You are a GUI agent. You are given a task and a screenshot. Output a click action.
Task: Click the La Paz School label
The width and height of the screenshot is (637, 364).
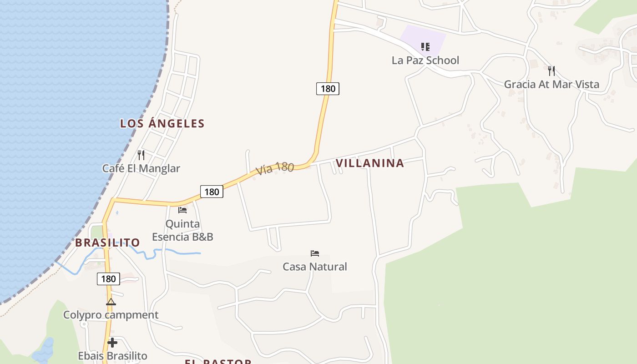[x=425, y=61]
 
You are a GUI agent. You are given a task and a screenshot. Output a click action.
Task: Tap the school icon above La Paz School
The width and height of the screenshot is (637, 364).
[x=425, y=46]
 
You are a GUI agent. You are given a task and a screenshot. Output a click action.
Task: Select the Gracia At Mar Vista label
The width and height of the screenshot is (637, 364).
[x=551, y=84]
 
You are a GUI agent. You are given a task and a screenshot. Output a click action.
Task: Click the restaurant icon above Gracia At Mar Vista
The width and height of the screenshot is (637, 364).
[x=551, y=71]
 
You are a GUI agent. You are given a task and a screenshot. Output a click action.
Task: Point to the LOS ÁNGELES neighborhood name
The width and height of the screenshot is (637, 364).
[x=162, y=123]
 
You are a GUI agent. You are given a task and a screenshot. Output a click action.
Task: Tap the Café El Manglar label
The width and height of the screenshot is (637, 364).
[x=141, y=168]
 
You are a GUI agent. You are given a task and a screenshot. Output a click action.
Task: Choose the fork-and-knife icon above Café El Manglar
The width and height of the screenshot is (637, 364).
[x=141, y=155]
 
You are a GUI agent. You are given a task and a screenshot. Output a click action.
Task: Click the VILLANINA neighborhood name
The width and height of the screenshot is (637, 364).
[x=369, y=163]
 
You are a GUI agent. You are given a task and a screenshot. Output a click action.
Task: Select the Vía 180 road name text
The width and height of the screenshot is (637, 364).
[x=275, y=168]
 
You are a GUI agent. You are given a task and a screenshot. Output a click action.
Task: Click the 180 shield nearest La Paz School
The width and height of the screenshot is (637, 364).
[x=328, y=89]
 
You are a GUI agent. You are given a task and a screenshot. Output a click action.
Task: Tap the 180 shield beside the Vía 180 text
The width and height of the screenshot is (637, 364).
[x=212, y=192]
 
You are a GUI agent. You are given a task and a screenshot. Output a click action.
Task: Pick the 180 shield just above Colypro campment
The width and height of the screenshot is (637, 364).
[x=108, y=278]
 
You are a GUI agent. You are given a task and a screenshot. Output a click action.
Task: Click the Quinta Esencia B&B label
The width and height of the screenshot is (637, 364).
[x=182, y=230]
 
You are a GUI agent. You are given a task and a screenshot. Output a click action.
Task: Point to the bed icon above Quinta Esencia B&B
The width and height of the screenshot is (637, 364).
[x=182, y=210]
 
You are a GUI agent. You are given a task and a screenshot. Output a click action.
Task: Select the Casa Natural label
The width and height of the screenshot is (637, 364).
[x=315, y=267]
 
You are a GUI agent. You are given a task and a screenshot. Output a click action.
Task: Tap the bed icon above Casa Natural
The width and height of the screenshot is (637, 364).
[x=315, y=253]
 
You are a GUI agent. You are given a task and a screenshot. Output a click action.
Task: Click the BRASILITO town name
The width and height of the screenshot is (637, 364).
[x=107, y=243]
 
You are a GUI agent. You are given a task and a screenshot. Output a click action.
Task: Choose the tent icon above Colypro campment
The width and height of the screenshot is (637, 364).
[x=111, y=302]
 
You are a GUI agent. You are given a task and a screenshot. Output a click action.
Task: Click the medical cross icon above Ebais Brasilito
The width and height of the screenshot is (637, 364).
[x=112, y=343]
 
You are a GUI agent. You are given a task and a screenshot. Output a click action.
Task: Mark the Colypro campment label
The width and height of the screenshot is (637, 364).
[x=111, y=315]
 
